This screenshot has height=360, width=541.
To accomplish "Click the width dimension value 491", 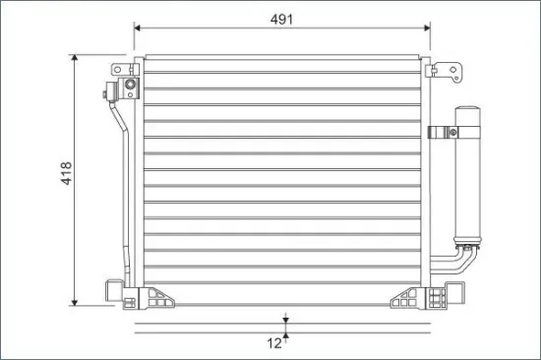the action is (x=281, y=20).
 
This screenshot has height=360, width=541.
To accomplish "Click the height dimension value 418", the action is (x=67, y=173).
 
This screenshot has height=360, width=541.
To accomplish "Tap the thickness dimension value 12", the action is (x=274, y=343).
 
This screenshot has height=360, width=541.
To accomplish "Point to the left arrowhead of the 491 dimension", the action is (x=137, y=28).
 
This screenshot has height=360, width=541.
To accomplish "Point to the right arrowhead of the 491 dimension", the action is (x=427, y=28).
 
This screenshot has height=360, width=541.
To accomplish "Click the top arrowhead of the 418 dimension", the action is (x=75, y=58).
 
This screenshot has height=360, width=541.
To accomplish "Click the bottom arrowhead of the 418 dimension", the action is (x=75, y=302).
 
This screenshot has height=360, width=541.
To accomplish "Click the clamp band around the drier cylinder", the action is (x=454, y=132).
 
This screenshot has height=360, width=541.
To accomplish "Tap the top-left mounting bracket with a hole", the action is (x=123, y=70).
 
